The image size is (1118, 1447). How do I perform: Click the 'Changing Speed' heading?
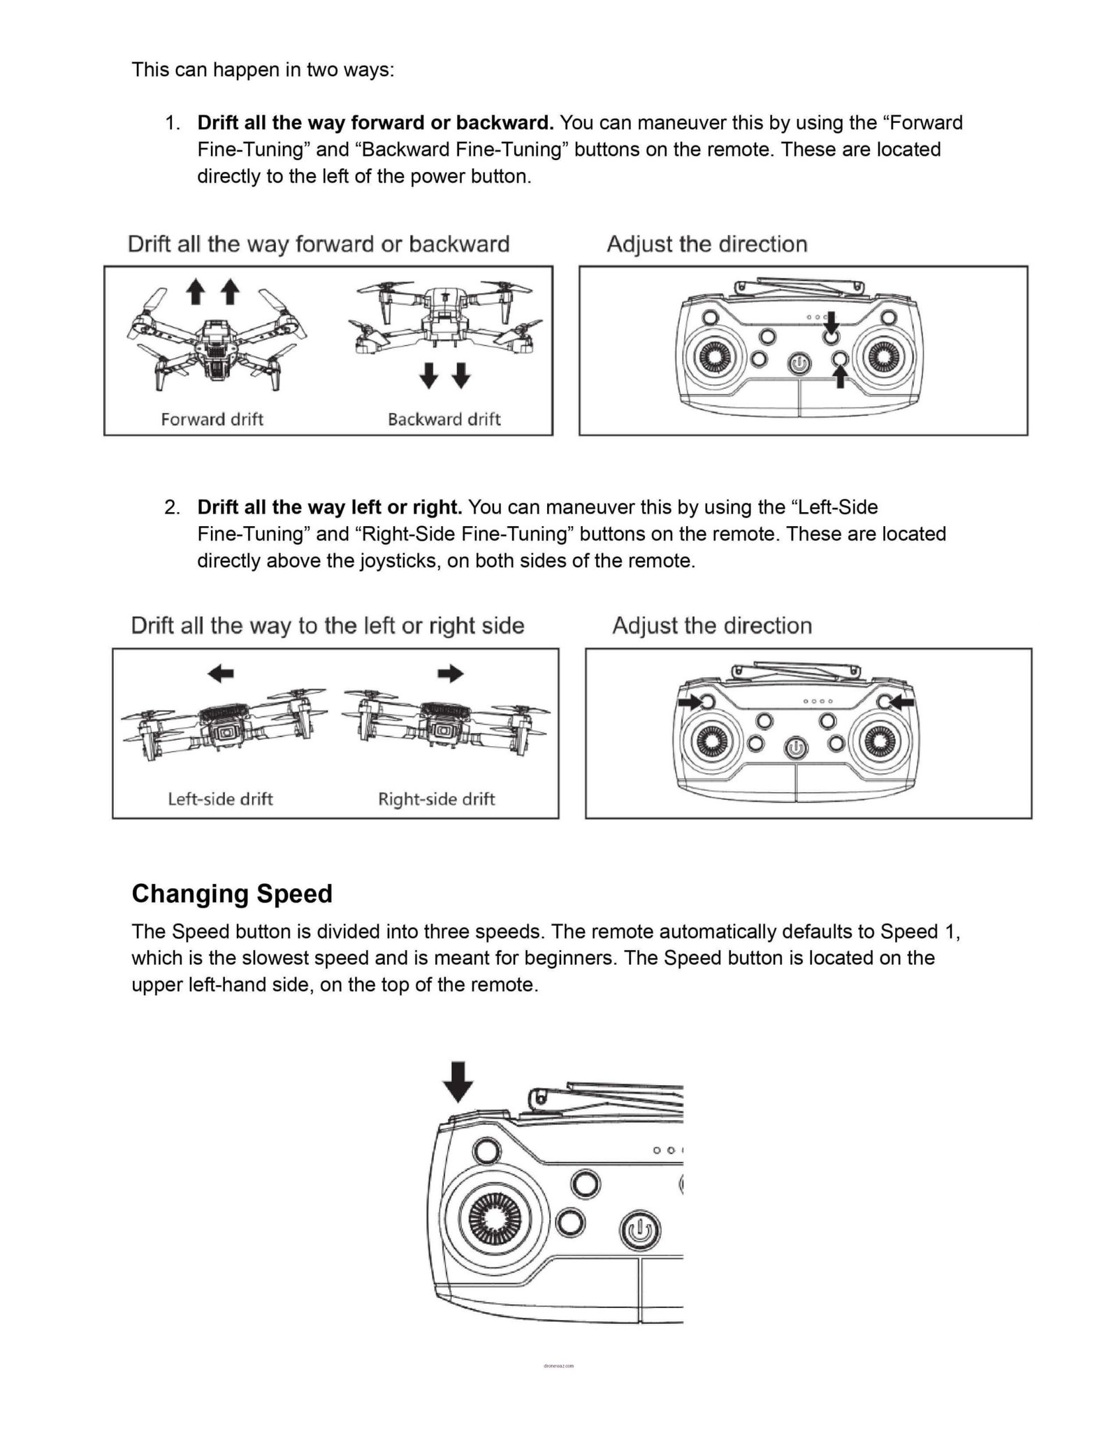[231, 894]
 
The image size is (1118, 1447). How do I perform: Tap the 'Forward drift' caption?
[212, 419]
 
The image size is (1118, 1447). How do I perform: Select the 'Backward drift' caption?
[444, 419]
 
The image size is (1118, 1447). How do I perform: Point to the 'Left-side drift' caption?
[220, 799]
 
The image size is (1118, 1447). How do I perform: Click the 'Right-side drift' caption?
[436, 799]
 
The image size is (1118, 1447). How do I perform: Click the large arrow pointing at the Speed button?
[458, 1082]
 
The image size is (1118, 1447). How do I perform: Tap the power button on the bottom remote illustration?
[639, 1232]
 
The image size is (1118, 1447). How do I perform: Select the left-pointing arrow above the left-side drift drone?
[221, 674]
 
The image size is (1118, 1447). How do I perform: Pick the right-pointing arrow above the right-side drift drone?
[450, 674]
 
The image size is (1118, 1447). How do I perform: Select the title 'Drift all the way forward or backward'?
[319, 244]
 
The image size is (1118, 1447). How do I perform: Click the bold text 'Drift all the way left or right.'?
[329, 507]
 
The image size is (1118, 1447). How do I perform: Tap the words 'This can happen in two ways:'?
[263, 70]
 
